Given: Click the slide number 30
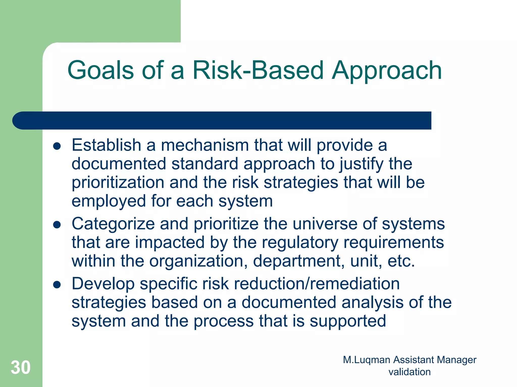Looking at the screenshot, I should click(20, 368).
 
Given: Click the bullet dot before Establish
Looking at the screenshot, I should click(57, 146).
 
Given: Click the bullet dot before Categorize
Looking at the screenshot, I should click(57, 225).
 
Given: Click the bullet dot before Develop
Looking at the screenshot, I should click(57, 285).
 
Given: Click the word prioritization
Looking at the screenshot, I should click(118, 183).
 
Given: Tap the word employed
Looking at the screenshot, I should click(109, 202).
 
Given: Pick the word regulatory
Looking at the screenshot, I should click(300, 242).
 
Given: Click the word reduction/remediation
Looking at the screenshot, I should click(317, 284).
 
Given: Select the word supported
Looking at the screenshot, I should click(348, 321).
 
